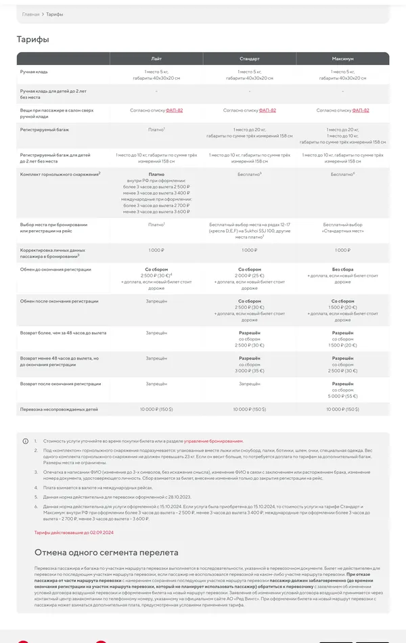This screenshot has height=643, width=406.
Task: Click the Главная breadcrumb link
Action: coord(30,14)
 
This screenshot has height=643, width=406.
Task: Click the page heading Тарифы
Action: coord(32,39)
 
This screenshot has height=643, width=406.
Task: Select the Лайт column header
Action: coord(156,59)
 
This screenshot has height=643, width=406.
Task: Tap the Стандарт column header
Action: coord(250,59)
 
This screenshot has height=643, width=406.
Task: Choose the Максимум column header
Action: coord(342,59)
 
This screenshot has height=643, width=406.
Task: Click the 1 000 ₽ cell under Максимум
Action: coord(342,250)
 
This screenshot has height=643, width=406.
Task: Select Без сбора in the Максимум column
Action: coord(342,269)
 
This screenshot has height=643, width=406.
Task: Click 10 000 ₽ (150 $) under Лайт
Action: coord(156,409)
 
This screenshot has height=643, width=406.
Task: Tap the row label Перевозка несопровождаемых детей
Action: coord(59,409)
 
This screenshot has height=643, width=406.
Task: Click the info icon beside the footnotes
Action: coord(26,441)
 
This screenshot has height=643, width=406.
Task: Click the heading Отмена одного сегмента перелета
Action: coord(106,552)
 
